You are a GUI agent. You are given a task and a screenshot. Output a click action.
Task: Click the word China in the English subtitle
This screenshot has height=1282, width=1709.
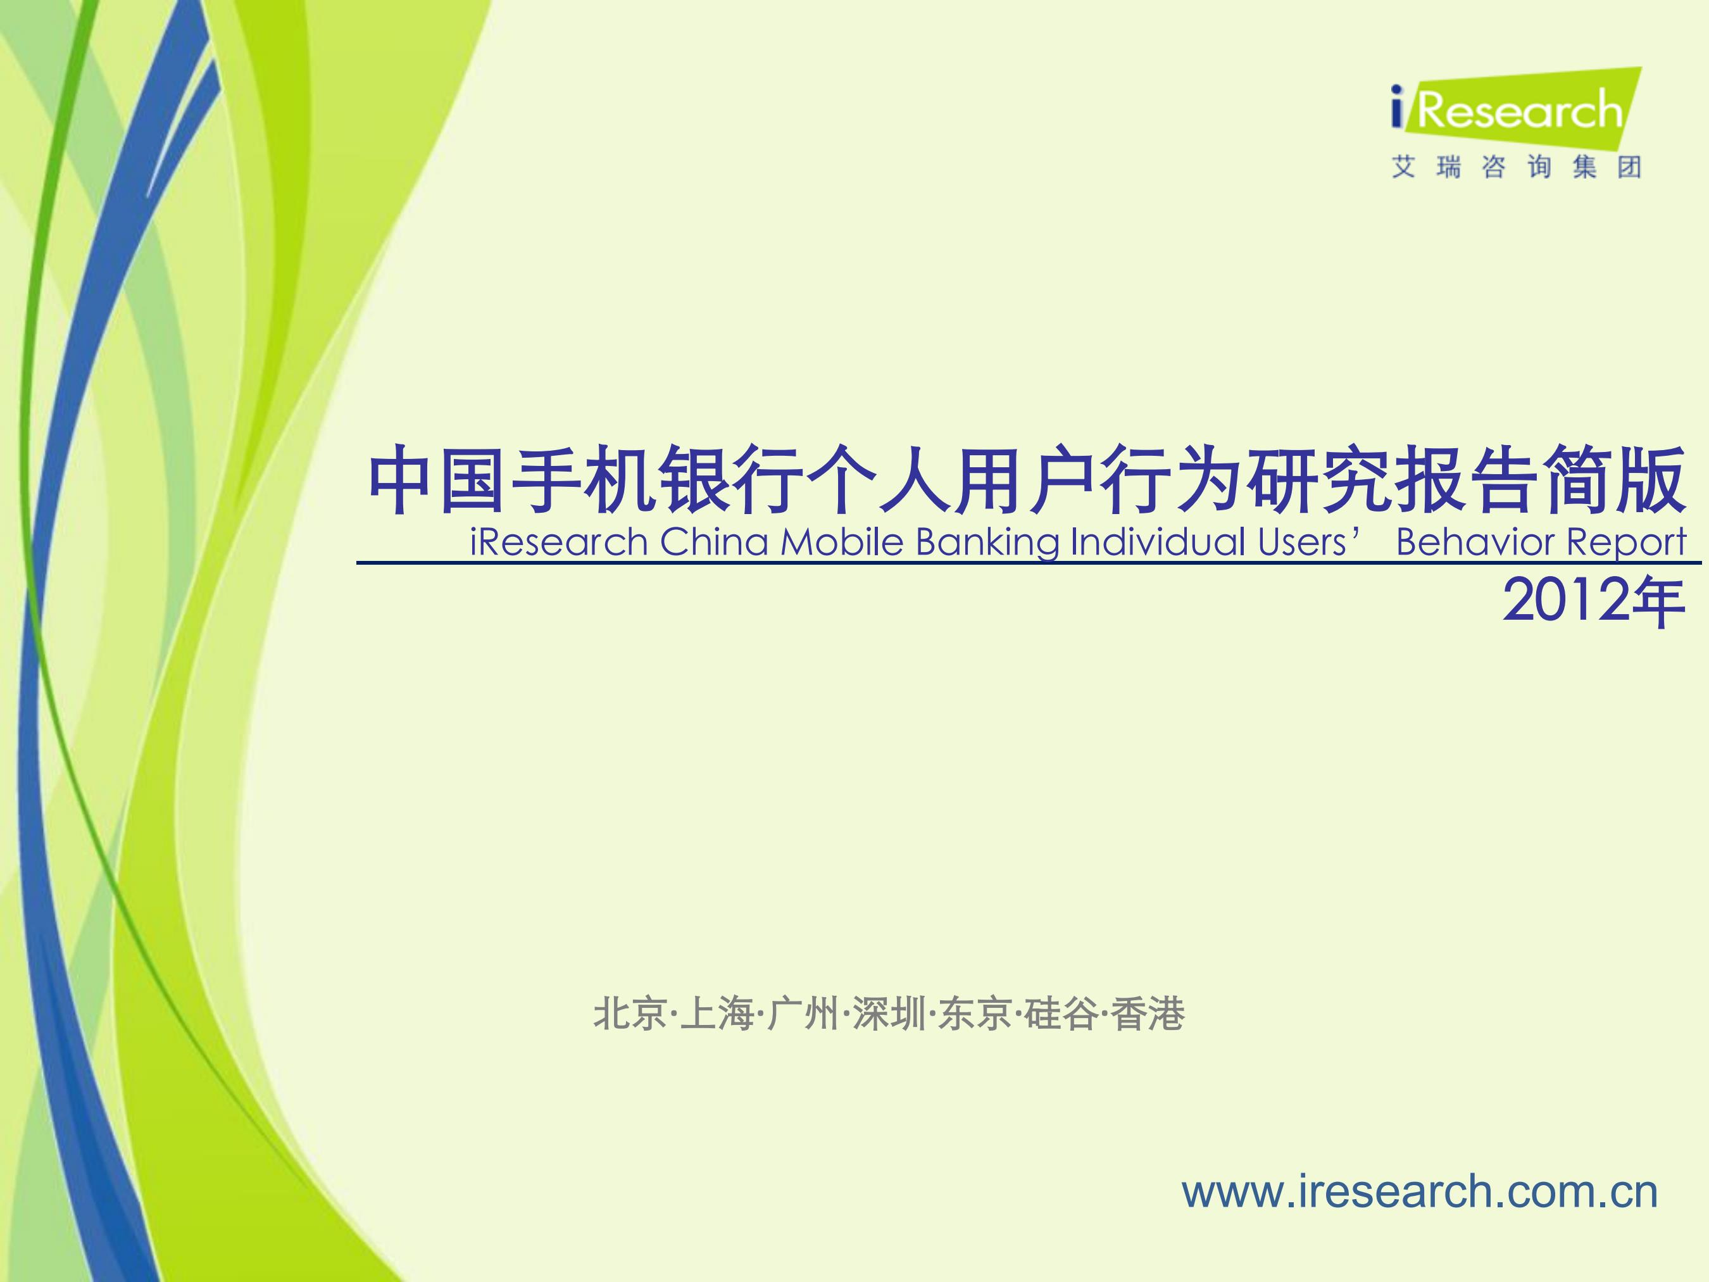714,542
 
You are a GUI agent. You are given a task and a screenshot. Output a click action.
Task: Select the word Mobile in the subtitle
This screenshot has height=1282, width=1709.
842,542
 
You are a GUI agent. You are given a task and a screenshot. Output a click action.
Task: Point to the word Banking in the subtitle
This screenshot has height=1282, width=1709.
987,543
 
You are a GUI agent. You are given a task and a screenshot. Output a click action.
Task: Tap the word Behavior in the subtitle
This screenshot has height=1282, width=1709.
1474,542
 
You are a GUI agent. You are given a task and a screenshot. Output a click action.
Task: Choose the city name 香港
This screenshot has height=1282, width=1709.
1148,1013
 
